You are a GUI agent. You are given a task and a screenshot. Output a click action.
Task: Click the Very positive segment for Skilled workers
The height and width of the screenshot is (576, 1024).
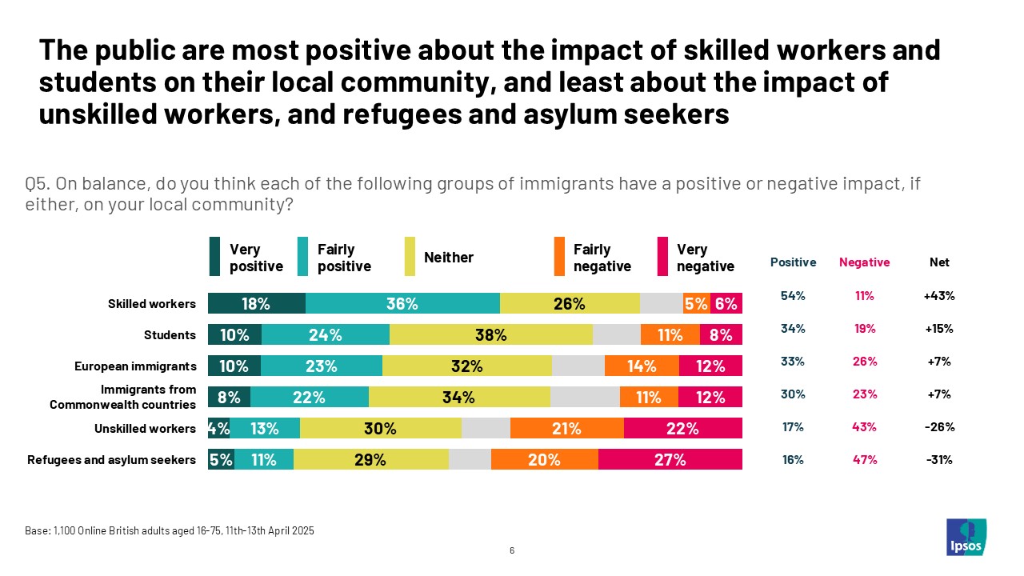(x=257, y=303)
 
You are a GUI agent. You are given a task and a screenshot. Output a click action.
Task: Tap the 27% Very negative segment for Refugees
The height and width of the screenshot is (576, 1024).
(x=670, y=459)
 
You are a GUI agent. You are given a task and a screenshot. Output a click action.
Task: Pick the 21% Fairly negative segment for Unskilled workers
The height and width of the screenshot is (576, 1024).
(x=566, y=428)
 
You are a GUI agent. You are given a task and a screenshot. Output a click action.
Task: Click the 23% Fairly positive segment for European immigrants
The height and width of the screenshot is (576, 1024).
(x=321, y=366)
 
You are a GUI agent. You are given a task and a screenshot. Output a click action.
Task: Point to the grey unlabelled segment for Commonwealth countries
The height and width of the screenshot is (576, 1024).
(x=585, y=398)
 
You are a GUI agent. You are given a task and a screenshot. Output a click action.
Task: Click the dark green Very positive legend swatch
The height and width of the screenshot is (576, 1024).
(x=214, y=257)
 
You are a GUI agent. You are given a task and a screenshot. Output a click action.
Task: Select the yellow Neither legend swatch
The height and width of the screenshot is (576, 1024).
(x=410, y=257)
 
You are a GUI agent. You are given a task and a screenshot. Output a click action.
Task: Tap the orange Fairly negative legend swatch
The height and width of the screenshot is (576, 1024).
(x=559, y=257)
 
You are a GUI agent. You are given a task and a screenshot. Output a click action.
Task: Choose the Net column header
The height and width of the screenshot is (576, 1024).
(x=939, y=262)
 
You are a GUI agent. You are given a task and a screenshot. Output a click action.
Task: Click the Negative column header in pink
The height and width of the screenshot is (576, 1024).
(x=864, y=262)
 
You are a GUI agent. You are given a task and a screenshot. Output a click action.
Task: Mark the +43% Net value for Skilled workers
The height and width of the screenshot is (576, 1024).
(x=939, y=296)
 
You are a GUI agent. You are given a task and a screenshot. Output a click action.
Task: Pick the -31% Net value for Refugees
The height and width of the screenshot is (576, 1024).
(x=939, y=459)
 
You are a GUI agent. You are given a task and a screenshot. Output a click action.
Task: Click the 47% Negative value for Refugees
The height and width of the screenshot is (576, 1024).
(x=864, y=459)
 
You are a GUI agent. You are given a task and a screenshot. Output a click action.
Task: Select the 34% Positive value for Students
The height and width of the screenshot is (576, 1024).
(x=793, y=329)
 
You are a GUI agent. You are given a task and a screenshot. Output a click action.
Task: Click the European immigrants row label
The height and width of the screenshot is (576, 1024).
(x=135, y=366)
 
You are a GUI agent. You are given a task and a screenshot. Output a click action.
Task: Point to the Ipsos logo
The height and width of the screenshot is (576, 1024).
(x=966, y=537)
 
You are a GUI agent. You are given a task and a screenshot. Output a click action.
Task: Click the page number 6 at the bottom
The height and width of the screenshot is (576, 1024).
(x=512, y=550)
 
